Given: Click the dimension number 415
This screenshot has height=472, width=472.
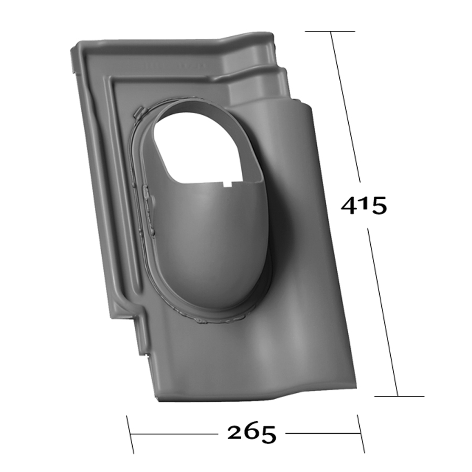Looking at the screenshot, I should click(x=363, y=205).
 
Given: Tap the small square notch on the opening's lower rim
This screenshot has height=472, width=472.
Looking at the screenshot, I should click(x=228, y=184).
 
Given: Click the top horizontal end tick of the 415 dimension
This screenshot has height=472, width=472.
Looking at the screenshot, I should click(x=330, y=31).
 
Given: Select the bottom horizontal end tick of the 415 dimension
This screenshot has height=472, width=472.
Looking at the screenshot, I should click(x=399, y=396).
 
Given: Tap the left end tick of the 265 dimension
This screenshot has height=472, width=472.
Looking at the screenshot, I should click(x=130, y=434).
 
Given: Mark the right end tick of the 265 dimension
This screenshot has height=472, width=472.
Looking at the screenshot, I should click(x=361, y=433).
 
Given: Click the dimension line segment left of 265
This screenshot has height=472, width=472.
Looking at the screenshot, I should click(x=173, y=434).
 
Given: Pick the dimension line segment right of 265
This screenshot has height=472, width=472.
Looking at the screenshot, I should click(x=320, y=434).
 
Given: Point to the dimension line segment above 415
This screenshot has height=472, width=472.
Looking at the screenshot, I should click(x=346, y=110).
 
